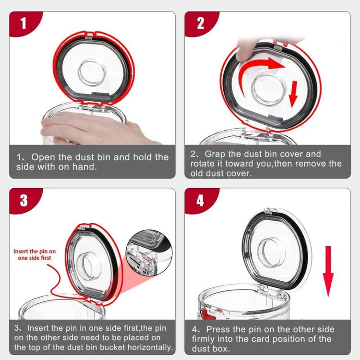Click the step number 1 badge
pos(23,23)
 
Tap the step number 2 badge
pos(200,23)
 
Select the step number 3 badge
pos(24,201)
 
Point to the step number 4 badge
pos(200,201)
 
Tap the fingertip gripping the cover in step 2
pos(244,50)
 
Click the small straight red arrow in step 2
pos(293,94)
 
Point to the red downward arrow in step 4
pos(328,271)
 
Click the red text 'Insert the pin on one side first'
pos(35,254)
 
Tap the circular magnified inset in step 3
pos(149,252)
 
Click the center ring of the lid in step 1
pos(92,73)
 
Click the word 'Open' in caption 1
pos(43,157)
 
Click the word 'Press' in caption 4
pos(217,329)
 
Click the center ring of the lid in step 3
pos(86,266)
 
